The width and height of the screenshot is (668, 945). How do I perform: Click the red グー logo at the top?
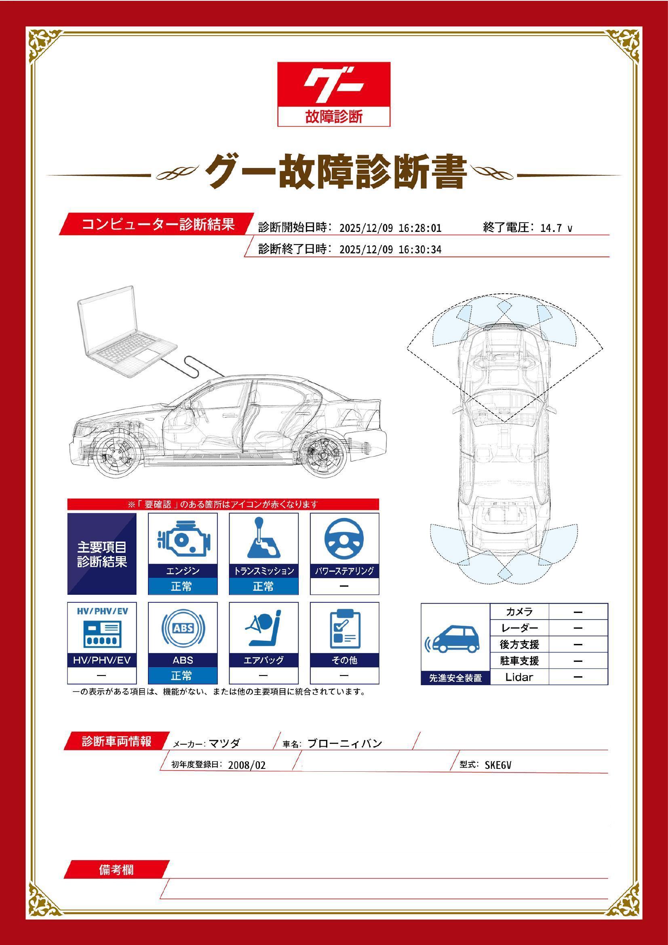pos(333,94)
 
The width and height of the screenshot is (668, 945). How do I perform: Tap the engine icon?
pos(182,539)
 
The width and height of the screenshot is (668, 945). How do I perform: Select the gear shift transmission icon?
pos(263,538)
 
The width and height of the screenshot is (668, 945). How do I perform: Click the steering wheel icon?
pos(344,539)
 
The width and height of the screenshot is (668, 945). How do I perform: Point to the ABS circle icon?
pos(183,628)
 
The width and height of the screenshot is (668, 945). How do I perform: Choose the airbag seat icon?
pos(263,628)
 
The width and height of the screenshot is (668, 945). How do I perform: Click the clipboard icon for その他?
pos(344,629)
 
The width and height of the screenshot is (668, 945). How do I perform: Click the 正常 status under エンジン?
pos(182,586)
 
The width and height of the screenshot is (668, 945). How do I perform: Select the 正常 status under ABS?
pos(182,676)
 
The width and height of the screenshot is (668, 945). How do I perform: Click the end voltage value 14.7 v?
pos(556,228)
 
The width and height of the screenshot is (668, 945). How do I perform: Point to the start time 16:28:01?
pos(420,228)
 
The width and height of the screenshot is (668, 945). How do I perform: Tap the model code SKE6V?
pos(497,765)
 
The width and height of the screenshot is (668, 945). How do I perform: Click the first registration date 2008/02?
pos(247,765)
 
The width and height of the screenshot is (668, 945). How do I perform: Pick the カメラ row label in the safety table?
pos(519,612)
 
